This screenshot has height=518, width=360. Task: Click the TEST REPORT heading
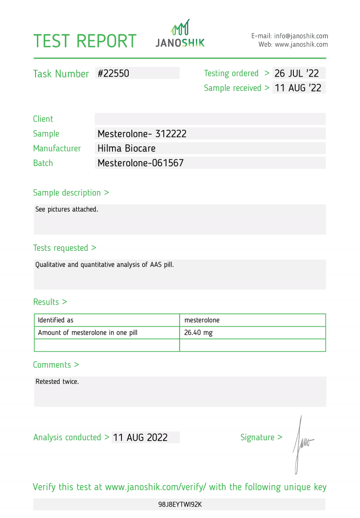pyautogui.click(x=85, y=41)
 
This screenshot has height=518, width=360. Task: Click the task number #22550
pyautogui.click(x=113, y=73)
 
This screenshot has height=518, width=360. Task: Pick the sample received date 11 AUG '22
pyautogui.click(x=298, y=88)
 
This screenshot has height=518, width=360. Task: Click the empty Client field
pyautogui.click(x=210, y=119)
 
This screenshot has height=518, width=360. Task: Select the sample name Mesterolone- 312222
pyautogui.click(x=142, y=134)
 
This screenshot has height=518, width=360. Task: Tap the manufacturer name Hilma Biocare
pyautogui.click(x=126, y=148)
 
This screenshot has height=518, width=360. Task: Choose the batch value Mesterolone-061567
pyautogui.click(x=140, y=163)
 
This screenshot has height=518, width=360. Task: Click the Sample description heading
pyautogui.click(x=71, y=193)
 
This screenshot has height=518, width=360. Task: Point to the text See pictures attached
pyautogui.click(x=67, y=209)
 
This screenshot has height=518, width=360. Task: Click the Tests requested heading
pyautogui.click(x=64, y=248)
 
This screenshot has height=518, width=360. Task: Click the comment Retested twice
pyautogui.click(x=57, y=382)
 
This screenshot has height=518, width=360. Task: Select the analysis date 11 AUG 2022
pyautogui.click(x=140, y=437)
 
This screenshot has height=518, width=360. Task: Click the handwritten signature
pyautogui.click(x=301, y=444)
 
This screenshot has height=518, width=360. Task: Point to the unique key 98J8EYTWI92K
pyautogui.click(x=180, y=504)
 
